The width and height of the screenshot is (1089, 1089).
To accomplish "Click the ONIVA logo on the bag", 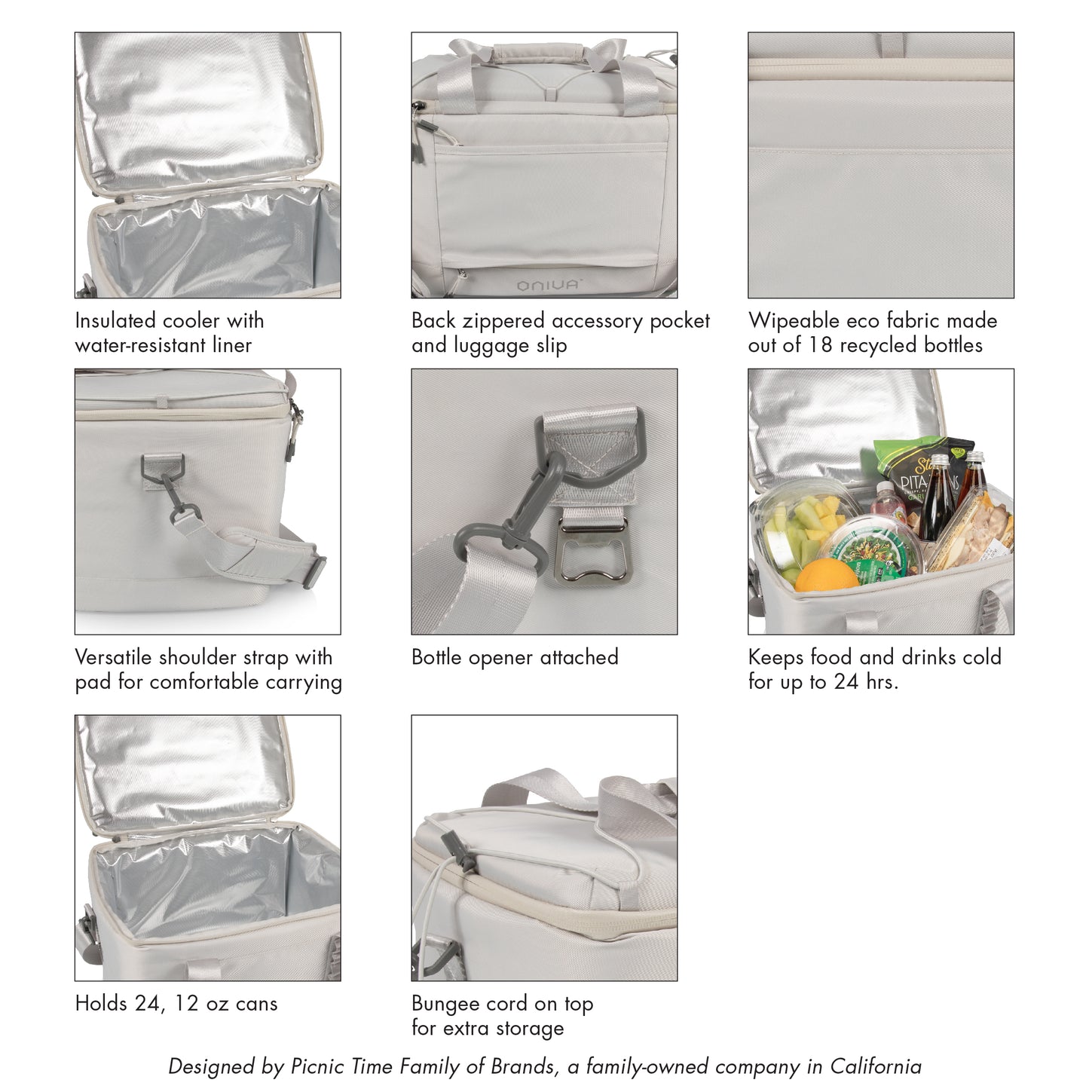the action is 548,285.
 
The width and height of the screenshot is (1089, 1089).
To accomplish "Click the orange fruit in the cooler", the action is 826,575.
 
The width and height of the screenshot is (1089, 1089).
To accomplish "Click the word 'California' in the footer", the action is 876,1066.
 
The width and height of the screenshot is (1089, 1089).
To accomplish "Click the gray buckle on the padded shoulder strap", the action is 315,572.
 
